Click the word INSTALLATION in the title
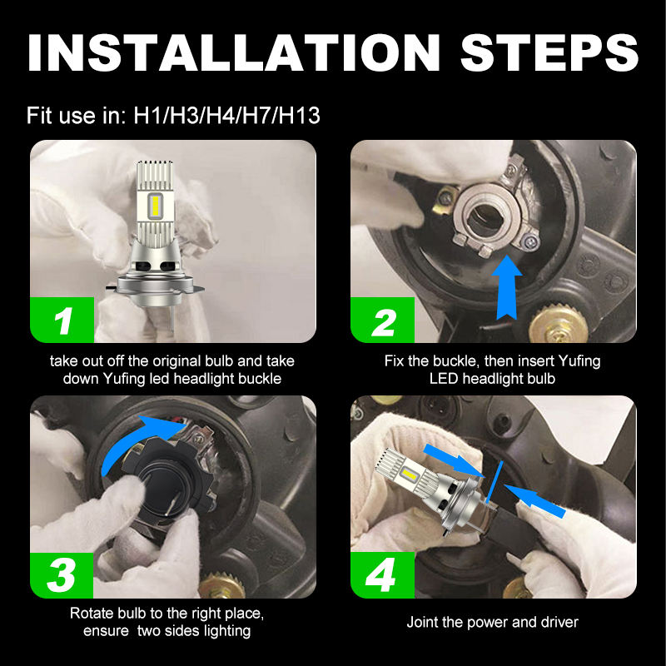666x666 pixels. (234, 52)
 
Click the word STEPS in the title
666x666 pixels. (549, 52)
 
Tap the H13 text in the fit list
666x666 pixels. (299, 116)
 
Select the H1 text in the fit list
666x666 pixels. (147, 116)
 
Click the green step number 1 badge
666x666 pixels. (62, 320)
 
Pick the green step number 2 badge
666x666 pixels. (382, 320)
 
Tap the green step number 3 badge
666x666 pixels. (62, 575)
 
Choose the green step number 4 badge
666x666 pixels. (382, 575)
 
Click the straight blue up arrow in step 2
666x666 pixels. (506, 287)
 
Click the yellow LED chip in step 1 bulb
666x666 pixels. (155, 205)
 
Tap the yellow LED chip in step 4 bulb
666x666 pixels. (410, 474)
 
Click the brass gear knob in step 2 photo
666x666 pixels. (558, 322)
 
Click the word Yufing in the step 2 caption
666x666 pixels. (579, 361)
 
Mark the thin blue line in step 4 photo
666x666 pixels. (495, 482)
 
